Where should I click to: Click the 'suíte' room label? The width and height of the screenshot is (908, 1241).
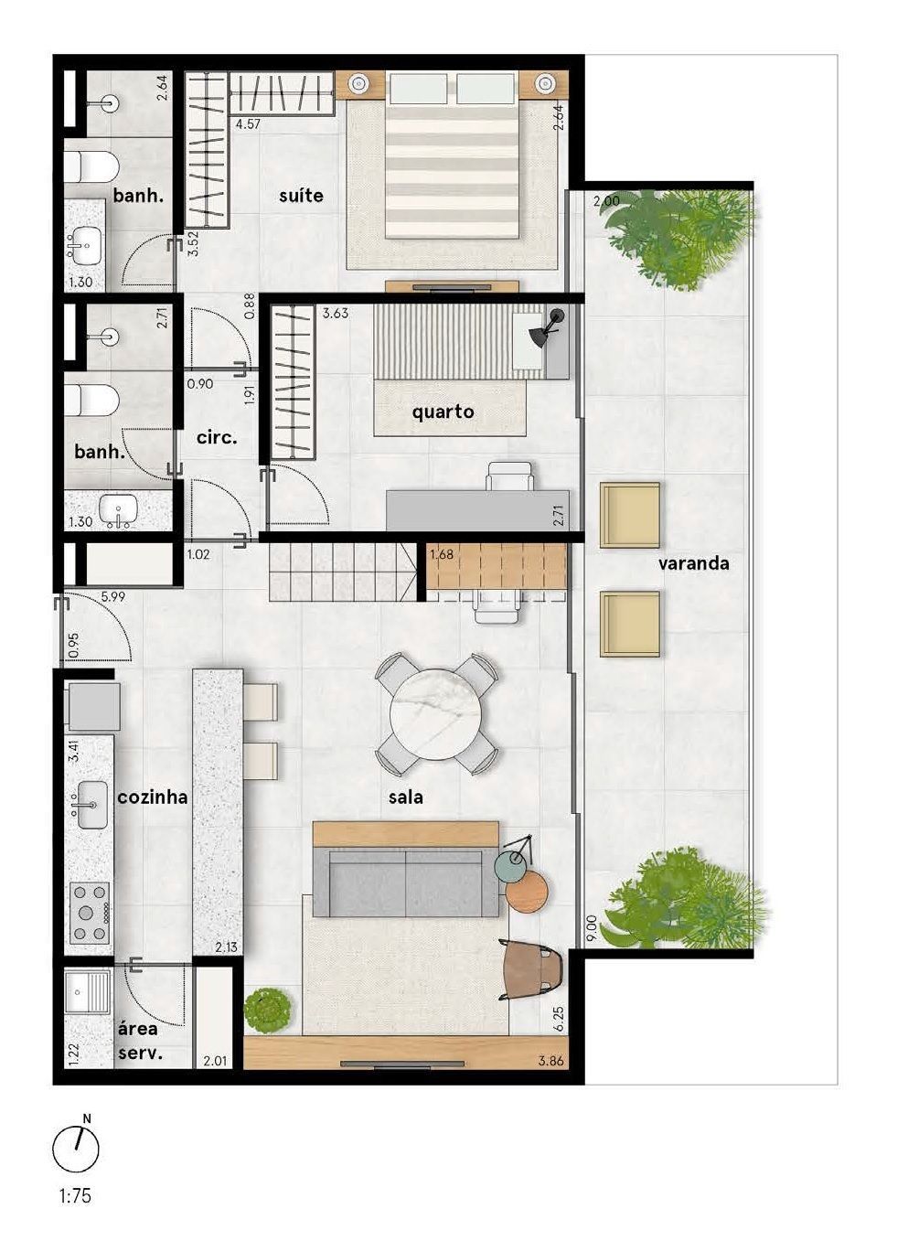[x=301, y=195]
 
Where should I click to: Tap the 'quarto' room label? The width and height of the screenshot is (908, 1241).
[x=443, y=412]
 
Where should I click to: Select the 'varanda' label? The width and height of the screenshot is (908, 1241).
[x=693, y=563]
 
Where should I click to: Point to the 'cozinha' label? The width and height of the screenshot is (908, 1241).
[x=153, y=797]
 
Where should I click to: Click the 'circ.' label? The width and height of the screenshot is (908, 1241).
[x=217, y=438]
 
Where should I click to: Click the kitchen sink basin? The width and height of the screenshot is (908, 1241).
[x=92, y=805]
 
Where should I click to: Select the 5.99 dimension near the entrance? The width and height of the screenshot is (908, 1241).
[x=112, y=597]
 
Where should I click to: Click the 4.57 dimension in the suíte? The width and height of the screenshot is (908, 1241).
[x=248, y=123]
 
